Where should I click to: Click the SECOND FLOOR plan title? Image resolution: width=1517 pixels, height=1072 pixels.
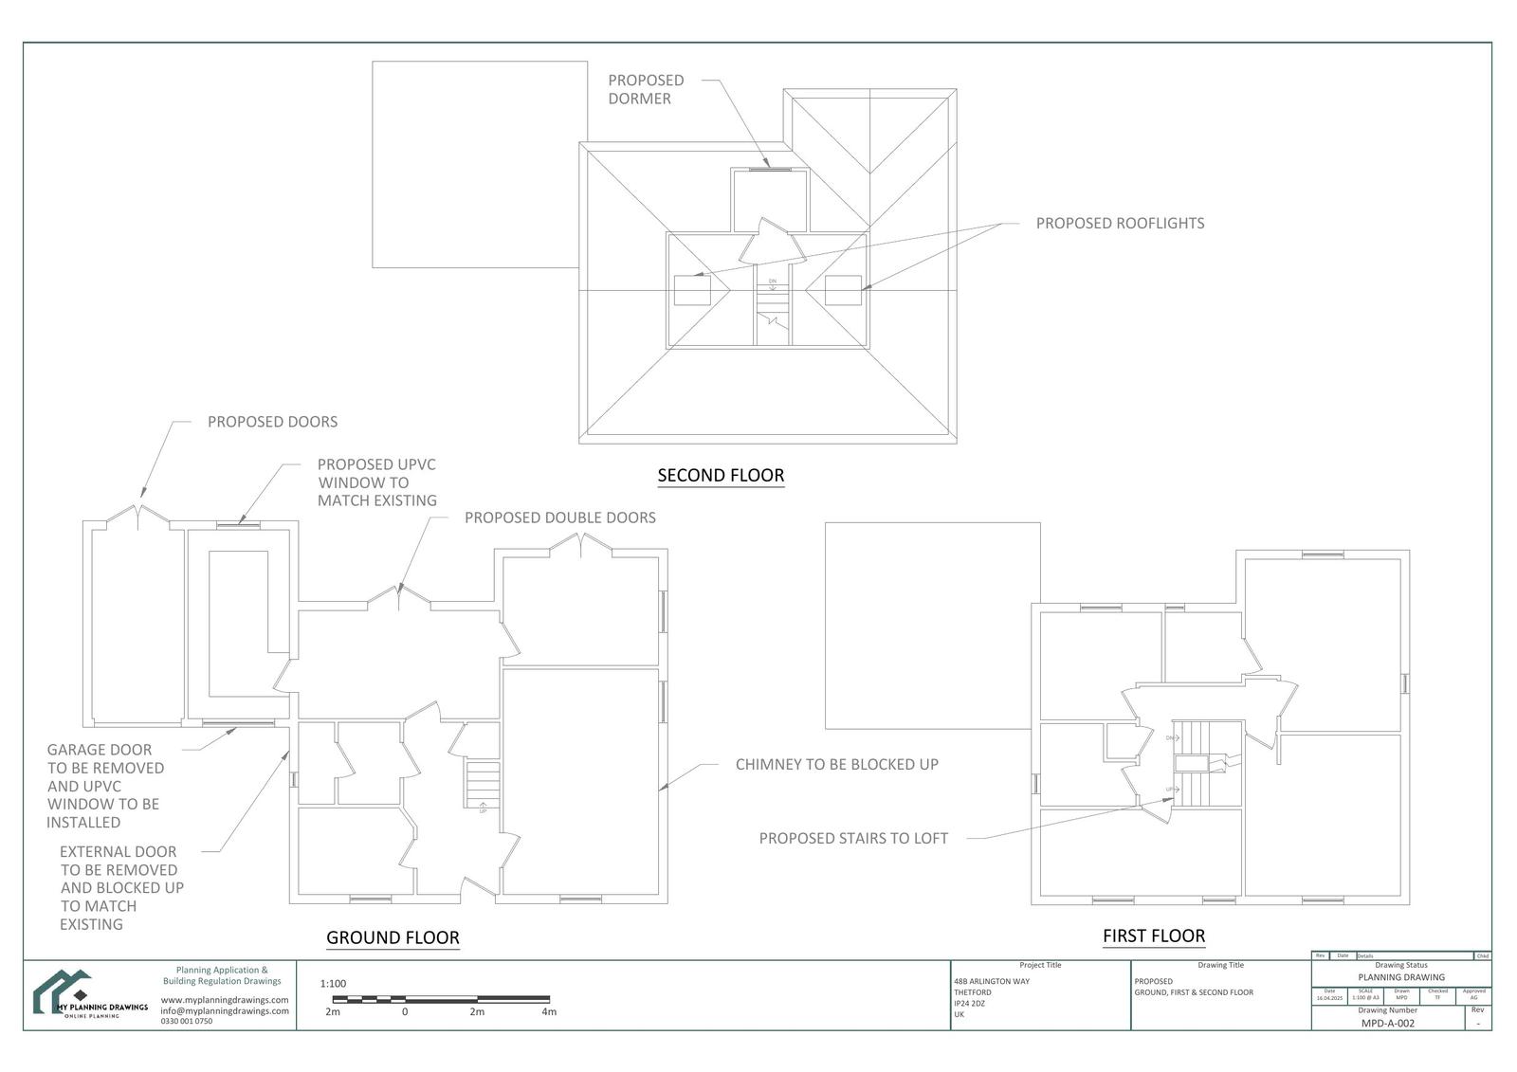point(721,476)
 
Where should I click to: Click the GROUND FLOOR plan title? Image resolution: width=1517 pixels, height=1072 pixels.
point(393,937)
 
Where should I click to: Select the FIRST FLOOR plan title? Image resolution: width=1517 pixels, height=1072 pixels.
point(1153,936)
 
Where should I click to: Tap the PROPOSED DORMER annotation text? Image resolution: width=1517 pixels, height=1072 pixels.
point(646,89)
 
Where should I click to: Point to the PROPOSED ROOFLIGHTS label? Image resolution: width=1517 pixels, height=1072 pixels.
point(1120,224)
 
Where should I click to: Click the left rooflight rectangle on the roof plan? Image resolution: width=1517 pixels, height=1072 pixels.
point(692,290)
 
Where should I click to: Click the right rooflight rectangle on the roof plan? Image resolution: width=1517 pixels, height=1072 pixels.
point(843,290)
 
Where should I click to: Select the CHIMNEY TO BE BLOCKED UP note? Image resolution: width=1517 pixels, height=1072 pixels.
point(836,764)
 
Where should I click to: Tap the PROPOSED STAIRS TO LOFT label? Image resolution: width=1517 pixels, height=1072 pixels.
point(853,838)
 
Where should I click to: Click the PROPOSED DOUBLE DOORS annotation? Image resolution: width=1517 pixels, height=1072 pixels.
point(559,518)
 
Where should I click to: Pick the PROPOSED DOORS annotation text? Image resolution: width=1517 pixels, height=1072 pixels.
point(272,422)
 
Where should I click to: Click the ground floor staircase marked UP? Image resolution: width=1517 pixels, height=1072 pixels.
point(482,785)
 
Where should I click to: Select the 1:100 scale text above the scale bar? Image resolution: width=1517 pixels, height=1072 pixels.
point(333,984)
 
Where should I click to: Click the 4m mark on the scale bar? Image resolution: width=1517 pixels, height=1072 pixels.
point(549,1011)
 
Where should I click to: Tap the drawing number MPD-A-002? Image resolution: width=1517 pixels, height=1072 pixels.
point(1387,1024)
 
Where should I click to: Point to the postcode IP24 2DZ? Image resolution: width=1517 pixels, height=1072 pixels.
point(969,1003)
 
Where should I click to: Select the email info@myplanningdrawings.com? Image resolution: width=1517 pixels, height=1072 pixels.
point(225,1010)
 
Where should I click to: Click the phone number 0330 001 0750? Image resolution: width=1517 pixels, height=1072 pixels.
point(187,1022)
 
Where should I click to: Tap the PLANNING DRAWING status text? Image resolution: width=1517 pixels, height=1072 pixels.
point(1401,977)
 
